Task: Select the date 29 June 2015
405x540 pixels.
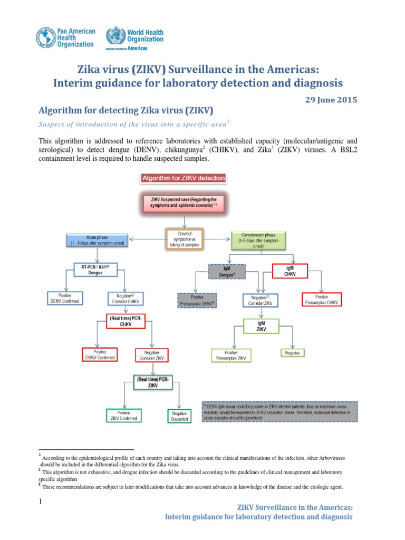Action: coord(332,99)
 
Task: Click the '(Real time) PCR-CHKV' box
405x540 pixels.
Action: coord(125,322)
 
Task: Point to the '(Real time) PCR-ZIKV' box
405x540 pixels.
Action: coord(152,382)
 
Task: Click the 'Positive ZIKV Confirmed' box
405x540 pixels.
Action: coord(124,415)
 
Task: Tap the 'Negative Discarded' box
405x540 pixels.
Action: coord(179,416)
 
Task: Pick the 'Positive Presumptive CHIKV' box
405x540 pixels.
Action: coord(322,299)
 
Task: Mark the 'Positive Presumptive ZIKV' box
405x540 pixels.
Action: coord(231,355)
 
